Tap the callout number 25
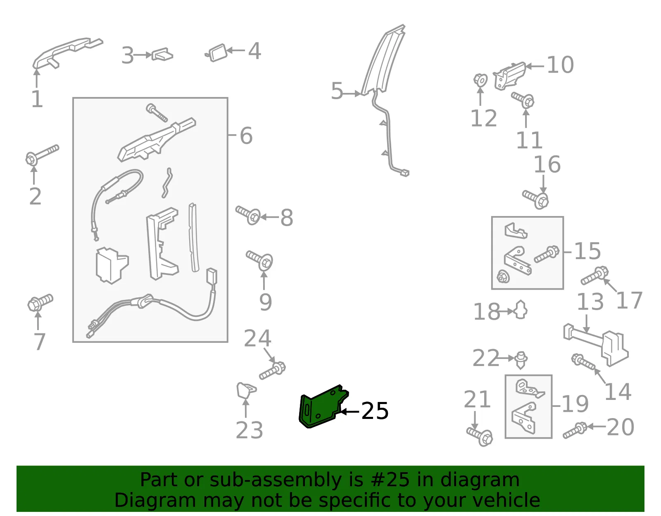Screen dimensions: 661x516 tap(375, 411)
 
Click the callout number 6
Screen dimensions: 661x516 tap(246, 136)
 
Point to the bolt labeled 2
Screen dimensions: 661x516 tap(42, 155)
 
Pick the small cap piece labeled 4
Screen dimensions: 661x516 tap(217, 53)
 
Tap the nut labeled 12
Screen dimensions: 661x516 tap(480, 80)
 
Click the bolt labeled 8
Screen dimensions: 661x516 tap(248, 215)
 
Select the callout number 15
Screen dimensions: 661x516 tap(587, 251)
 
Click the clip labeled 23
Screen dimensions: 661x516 tap(246, 390)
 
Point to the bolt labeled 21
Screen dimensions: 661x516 tap(480, 437)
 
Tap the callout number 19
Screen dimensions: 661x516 tap(575, 404)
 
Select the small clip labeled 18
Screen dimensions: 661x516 tap(521, 310)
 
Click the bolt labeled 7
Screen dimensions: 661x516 tap(40, 302)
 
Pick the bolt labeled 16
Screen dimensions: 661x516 tap(535, 199)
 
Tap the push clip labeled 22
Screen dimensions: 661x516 tap(521, 360)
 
